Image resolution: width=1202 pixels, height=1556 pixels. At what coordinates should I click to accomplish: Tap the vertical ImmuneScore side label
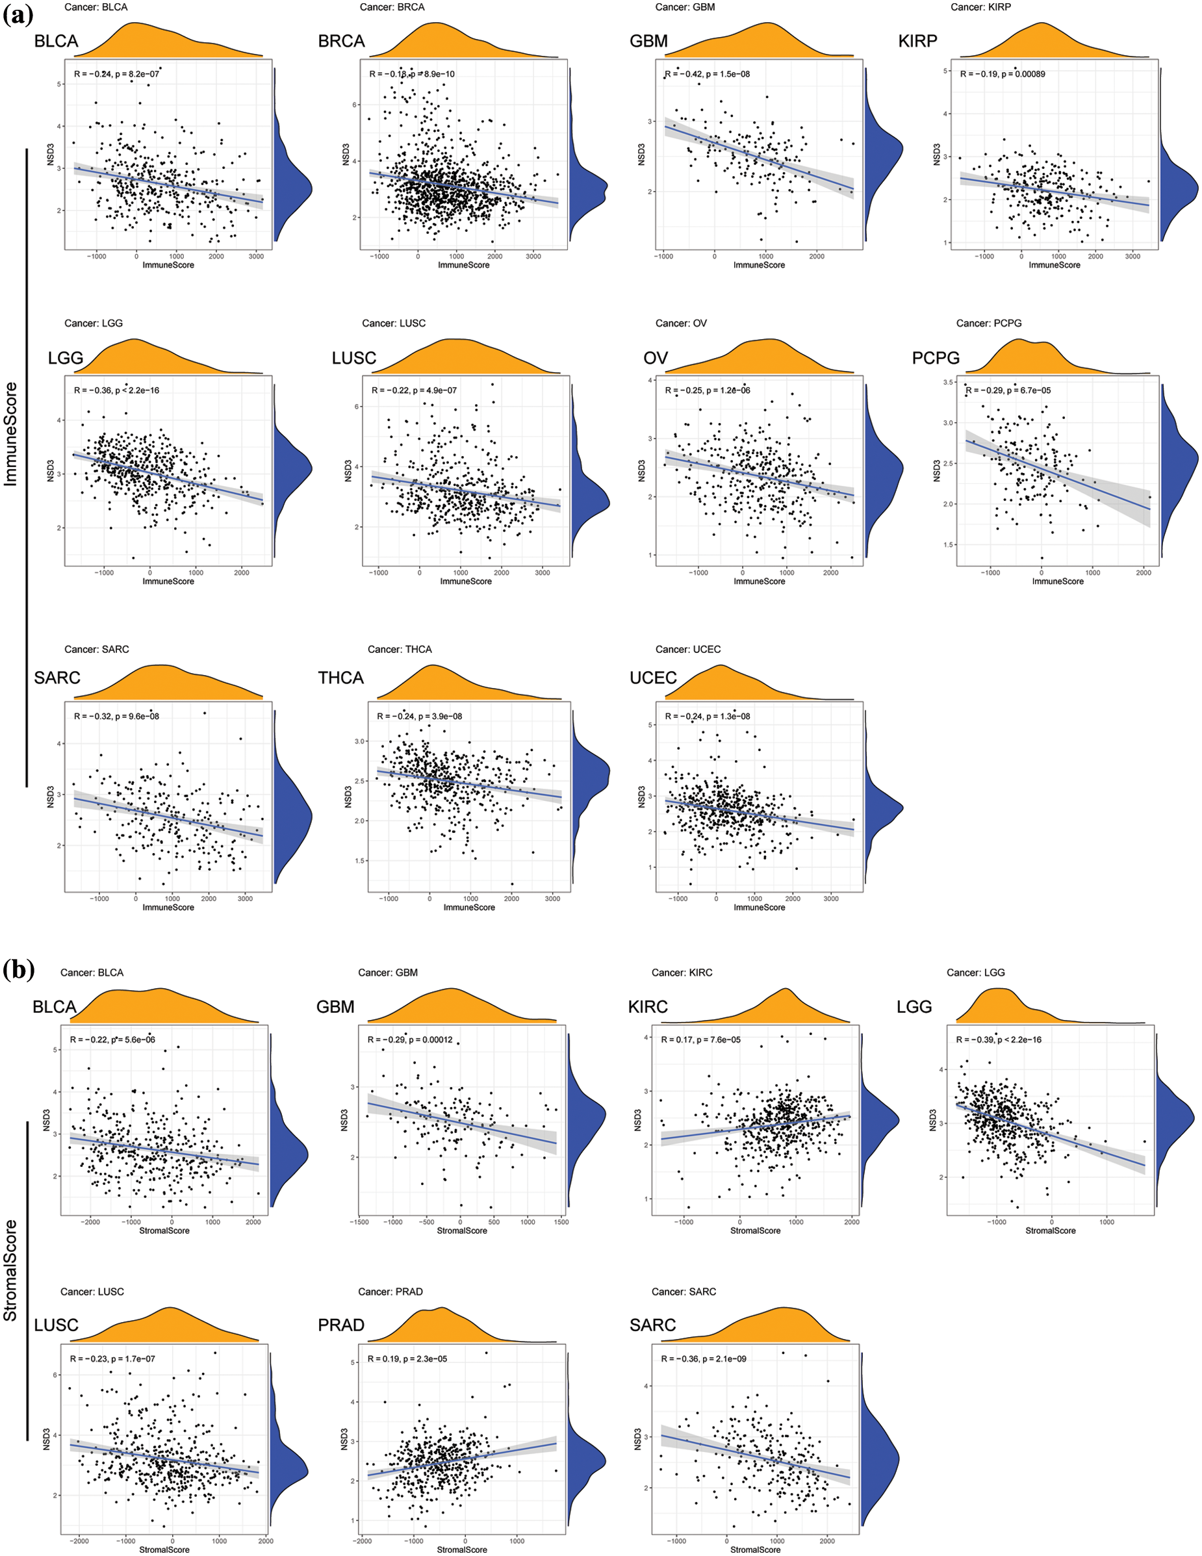[10, 435]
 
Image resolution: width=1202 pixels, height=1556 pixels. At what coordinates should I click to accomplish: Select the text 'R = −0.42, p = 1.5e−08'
[707, 74]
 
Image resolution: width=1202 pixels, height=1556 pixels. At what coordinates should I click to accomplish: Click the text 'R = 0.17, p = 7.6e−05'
[700, 1039]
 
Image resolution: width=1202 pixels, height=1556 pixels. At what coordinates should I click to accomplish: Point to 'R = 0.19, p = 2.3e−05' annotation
[407, 1358]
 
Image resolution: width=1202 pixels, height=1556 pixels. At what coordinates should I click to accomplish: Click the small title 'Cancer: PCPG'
[988, 324]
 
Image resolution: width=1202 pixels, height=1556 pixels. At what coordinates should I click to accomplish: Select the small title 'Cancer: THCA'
[399, 649]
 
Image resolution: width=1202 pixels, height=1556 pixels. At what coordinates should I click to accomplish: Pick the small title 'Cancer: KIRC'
[681, 973]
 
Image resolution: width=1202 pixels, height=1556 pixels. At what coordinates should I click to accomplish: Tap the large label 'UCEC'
[653, 678]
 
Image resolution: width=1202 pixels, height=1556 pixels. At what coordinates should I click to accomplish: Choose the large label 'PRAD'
[340, 1325]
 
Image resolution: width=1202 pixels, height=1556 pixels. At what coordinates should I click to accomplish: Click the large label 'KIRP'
[917, 42]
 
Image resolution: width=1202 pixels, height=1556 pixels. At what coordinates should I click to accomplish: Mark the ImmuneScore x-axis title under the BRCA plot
[463, 265]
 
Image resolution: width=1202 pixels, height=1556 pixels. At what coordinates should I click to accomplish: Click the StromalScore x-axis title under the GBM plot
[462, 1231]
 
